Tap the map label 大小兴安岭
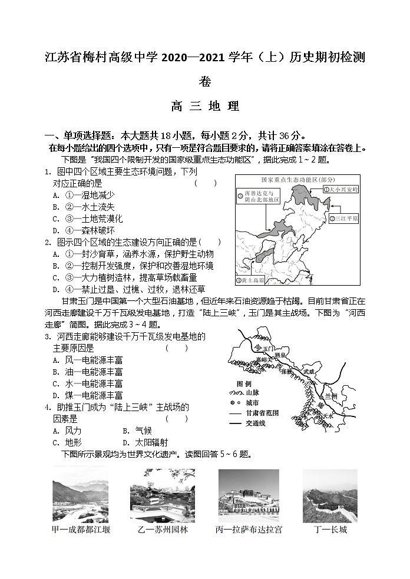click(x=342, y=189)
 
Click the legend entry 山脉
click(x=246, y=392)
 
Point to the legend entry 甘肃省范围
click(x=253, y=413)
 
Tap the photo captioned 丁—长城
click(x=330, y=496)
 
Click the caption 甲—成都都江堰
click(x=81, y=530)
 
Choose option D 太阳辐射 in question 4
click(x=144, y=442)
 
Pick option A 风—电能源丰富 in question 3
click(x=88, y=360)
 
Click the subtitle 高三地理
click(x=204, y=107)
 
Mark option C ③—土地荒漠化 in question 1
click(x=88, y=219)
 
